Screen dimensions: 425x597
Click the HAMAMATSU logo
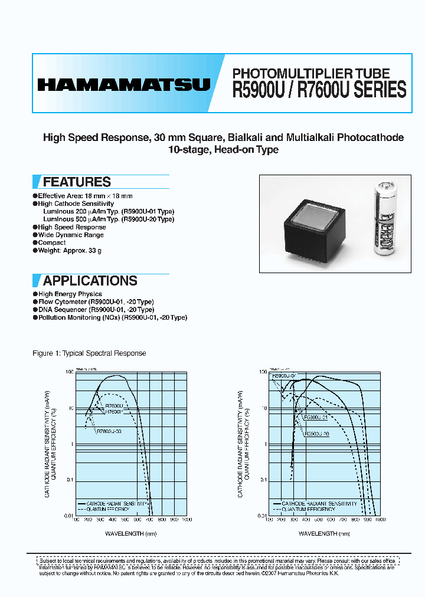[123, 84]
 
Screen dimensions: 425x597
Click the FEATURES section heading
[77, 182]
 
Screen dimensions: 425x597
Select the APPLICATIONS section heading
[90, 281]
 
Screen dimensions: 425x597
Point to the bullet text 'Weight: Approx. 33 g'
[70, 251]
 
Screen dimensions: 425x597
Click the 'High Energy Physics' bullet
[70, 294]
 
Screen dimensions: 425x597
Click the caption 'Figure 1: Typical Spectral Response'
[89, 353]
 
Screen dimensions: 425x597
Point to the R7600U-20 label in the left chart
[109, 430]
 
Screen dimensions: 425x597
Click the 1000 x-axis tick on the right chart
[380, 520]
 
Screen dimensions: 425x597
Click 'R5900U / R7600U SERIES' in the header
[319, 90]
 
